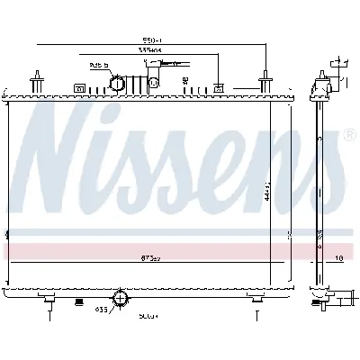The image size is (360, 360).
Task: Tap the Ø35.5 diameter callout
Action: (x=100, y=65)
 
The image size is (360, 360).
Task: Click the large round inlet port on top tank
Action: (x=118, y=83)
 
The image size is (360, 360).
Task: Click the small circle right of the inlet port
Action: (x=153, y=83)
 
